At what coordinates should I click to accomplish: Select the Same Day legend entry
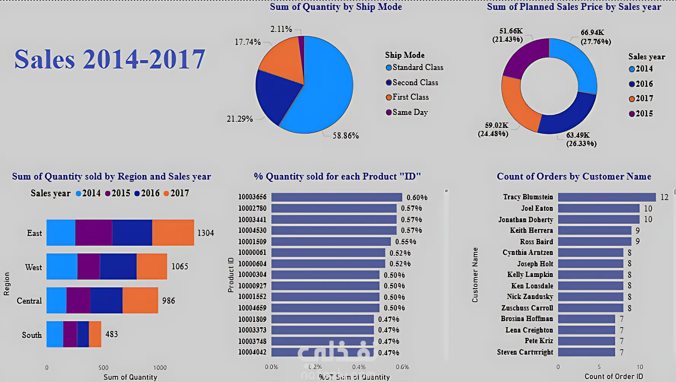[x=410, y=112]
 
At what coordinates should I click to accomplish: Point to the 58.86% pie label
[x=346, y=135]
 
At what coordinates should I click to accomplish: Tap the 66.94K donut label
[x=592, y=33]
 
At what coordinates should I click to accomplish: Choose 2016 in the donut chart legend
[x=644, y=84]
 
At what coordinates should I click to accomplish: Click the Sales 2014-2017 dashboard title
[x=109, y=59]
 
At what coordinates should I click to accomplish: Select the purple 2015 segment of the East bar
[x=94, y=232]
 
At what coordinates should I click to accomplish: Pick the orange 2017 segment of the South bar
[x=95, y=334]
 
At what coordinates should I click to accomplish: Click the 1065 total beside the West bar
[x=180, y=266]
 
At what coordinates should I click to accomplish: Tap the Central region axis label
[x=29, y=301]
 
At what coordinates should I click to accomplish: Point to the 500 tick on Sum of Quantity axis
[x=103, y=368]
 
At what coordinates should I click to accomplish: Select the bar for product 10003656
[x=336, y=197]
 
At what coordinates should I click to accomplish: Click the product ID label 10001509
[x=252, y=242]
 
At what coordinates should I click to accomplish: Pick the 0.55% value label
[x=406, y=242]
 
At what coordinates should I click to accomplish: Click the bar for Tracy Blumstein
[x=607, y=197]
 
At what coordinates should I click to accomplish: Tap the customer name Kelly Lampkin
[x=530, y=274]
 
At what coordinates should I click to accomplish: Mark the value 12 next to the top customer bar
[x=664, y=197]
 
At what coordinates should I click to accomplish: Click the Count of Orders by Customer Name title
[x=574, y=177]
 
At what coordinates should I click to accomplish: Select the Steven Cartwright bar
[x=586, y=352]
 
